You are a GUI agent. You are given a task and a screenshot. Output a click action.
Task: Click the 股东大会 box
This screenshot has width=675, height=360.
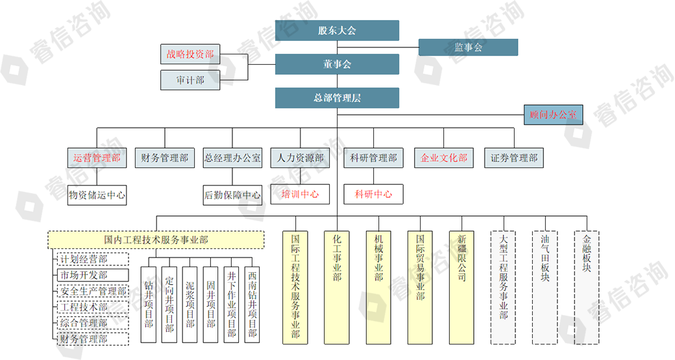tap(337, 30)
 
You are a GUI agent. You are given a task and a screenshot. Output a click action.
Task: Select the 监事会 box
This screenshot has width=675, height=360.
tap(468, 47)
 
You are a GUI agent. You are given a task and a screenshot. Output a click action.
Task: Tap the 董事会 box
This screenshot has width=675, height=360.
tap(337, 64)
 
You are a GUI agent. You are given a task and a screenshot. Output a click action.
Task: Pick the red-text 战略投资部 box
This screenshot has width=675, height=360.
tap(190, 54)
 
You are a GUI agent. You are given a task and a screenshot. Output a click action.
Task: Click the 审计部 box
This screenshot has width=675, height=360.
tap(190, 80)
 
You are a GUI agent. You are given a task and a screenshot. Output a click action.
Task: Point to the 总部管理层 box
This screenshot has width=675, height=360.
tap(337, 98)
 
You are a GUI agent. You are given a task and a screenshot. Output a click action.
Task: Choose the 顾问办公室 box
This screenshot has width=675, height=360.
tap(553, 115)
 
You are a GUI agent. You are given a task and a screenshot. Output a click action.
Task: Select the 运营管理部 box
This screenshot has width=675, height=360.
tap(97, 158)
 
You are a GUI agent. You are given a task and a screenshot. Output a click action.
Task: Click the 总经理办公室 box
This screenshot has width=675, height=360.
tap(232, 158)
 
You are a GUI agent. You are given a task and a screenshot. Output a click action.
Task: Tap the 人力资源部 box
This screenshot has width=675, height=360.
tap(300, 158)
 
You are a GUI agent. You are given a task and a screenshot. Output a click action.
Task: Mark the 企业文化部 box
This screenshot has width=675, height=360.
tap(444, 158)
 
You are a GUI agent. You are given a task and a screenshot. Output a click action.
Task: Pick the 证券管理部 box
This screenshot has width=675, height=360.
tap(514, 158)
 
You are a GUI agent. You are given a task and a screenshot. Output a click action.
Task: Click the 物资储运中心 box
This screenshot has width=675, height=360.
tap(97, 195)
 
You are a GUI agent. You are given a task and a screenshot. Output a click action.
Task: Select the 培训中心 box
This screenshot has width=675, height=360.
tap(300, 194)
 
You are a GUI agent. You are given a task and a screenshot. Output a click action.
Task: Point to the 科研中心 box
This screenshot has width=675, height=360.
tap(373, 194)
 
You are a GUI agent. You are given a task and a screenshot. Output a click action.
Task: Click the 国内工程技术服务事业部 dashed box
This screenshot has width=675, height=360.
tap(156, 240)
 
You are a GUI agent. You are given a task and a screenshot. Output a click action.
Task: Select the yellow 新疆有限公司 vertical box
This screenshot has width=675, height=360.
tap(461, 287)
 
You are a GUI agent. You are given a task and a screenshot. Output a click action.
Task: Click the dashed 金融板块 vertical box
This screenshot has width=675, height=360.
tap(587, 287)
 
